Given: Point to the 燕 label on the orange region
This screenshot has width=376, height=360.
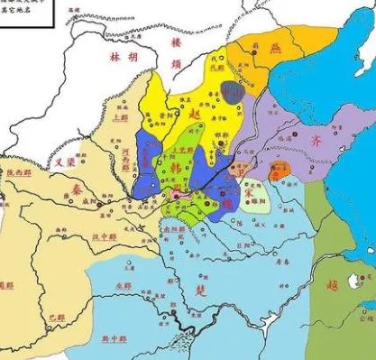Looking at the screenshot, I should (x=277, y=51).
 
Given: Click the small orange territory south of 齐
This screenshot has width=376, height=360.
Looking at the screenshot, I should (x=280, y=168).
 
